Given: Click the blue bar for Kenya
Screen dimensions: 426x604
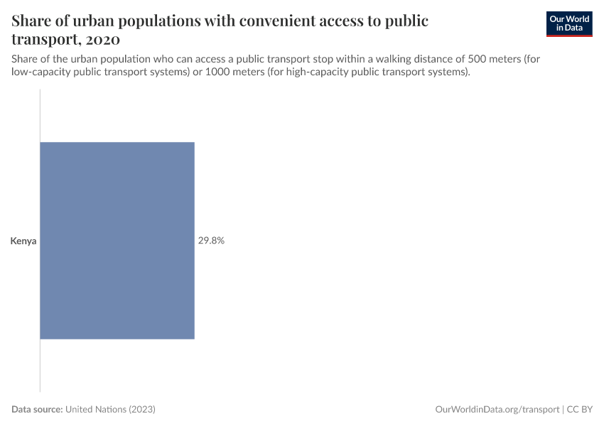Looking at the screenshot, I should tap(117, 241).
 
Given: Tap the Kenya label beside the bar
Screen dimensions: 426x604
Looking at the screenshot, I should tap(23, 241).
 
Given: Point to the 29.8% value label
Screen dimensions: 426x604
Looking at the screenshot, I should tap(211, 241).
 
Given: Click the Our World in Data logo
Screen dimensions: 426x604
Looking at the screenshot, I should tap(568, 23).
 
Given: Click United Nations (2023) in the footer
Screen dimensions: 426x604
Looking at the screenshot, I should tap(110, 410).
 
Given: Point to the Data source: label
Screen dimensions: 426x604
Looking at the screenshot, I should tap(38, 410).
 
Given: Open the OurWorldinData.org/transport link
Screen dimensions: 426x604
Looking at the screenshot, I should tap(497, 410).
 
